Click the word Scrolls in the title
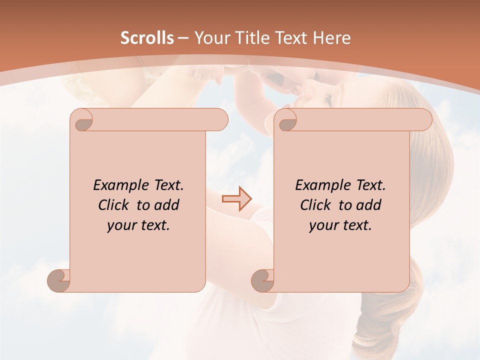coord(147,38)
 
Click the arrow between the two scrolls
coord(236,199)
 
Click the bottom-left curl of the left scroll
coord(59,280)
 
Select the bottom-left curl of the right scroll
coord(263,280)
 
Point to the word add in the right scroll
coord(368,205)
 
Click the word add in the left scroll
coord(166,205)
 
